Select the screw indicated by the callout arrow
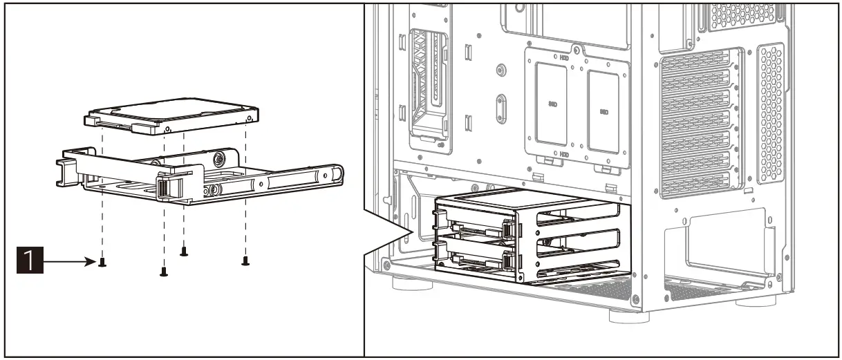pyautogui.click(x=102, y=263)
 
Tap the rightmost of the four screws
pyautogui.click(x=245, y=260)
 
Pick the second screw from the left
pyautogui.click(x=164, y=272)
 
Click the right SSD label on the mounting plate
pyautogui.click(x=604, y=111)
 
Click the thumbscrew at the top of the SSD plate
pyautogui.click(x=575, y=49)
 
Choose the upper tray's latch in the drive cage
pyautogui.click(x=509, y=227)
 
